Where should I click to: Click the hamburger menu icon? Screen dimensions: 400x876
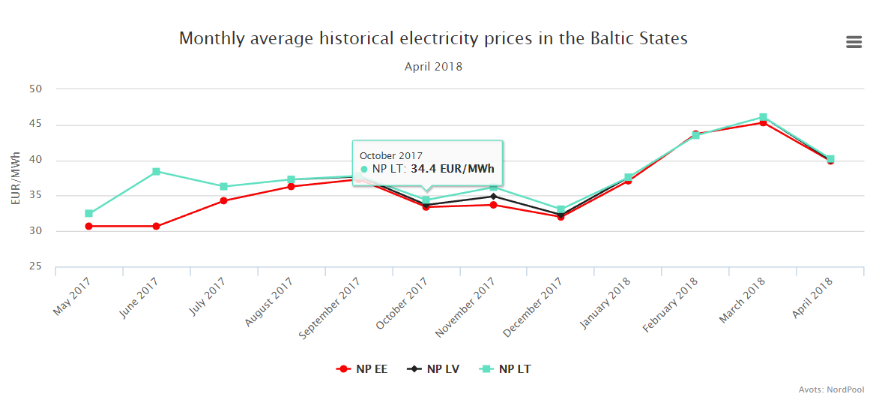[x=854, y=42]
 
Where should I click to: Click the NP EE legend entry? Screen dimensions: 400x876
[x=363, y=369]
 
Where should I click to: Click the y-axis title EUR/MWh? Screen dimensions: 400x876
[x=16, y=178]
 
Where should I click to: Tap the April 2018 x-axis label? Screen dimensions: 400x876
[x=811, y=298]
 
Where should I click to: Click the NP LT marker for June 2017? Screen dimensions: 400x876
[x=156, y=172]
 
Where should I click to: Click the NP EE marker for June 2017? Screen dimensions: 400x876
[x=156, y=226]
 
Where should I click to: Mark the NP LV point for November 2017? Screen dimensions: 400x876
[x=492, y=197]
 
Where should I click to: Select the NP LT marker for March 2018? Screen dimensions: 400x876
[x=763, y=117]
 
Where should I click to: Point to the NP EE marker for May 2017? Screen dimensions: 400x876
[x=88, y=226]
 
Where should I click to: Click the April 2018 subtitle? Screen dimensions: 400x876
[x=433, y=67]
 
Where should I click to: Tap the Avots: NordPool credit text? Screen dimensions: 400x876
[x=832, y=389]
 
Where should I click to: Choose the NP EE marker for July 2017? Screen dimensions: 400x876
[x=223, y=200]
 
